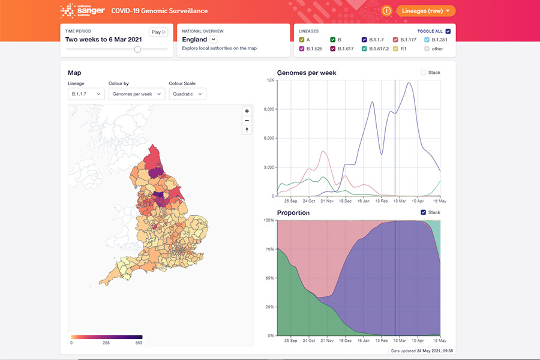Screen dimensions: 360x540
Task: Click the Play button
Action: tap(158, 32)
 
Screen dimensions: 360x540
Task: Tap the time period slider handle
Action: tap(137, 49)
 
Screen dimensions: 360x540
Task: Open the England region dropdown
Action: tap(213, 40)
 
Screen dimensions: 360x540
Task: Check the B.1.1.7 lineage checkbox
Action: tap(364, 40)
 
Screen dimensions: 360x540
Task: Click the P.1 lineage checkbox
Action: tap(395, 49)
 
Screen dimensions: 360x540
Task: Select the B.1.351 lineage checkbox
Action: tap(427, 40)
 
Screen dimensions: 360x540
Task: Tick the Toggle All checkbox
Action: tap(448, 31)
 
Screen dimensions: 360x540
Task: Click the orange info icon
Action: tap(386, 11)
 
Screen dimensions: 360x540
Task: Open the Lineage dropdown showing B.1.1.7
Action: tap(86, 94)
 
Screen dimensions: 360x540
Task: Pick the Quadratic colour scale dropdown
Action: tap(188, 94)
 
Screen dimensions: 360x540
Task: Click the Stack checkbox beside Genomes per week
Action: tap(424, 73)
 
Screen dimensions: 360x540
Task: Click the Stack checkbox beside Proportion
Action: tap(424, 212)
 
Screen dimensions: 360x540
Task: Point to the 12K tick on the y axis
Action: tap(271, 80)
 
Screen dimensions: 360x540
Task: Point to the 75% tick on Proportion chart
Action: tap(269, 249)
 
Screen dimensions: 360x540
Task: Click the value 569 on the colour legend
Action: tap(139, 343)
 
